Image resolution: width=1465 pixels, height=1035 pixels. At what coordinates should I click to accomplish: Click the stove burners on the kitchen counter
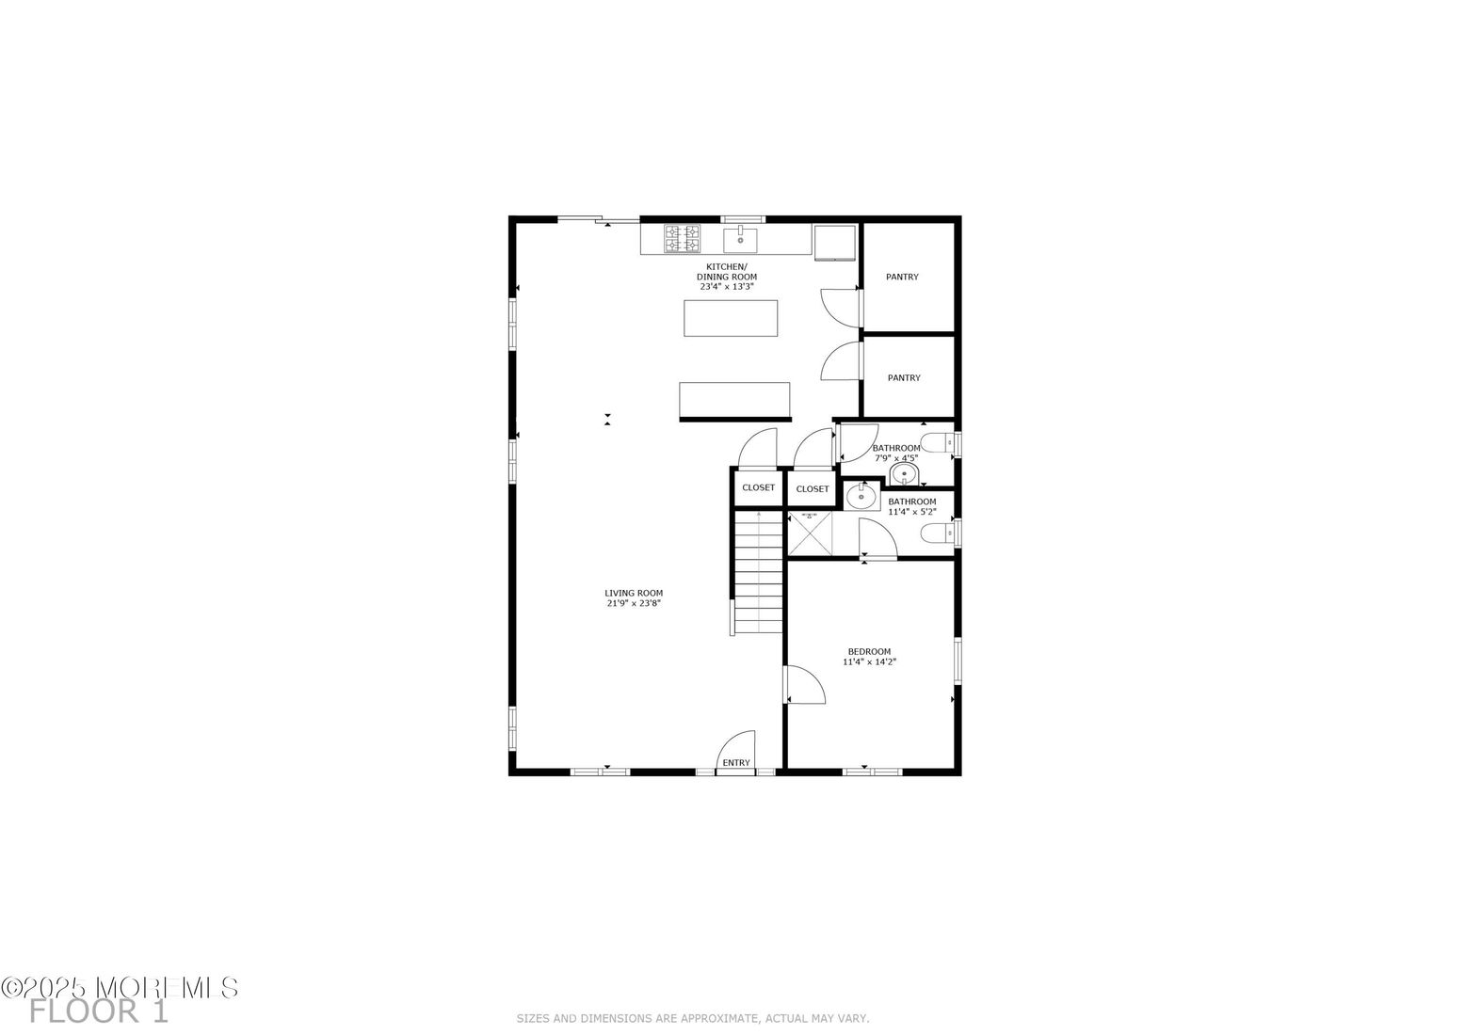click(x=683, y=239)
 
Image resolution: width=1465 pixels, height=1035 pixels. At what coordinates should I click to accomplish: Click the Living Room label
click(x=634, y=593)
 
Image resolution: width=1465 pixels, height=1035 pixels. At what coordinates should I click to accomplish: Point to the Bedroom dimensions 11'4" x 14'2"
click(x=869, y=661)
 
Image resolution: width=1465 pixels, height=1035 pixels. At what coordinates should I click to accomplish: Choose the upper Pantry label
click(x=902, y=277)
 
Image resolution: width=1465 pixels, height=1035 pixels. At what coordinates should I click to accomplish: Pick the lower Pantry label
click(x=904, y=377)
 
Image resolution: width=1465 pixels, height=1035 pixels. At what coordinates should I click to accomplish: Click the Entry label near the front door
click(x=736, y=762)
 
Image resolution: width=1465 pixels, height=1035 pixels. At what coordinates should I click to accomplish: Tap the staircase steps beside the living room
click(x=759, y=572)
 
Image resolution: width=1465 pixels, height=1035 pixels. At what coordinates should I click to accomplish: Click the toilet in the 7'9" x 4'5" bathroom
click(x=935, y=443)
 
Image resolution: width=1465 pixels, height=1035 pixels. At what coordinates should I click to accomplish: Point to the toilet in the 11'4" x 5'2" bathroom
click(x=935, y=534)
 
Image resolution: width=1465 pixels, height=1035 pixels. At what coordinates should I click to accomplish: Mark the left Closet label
click(x=758, y=487)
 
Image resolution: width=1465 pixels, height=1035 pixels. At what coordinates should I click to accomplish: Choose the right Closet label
click(x=813, y=488)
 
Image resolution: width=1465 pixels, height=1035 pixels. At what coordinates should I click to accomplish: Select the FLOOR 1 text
click(x=99, y=1012)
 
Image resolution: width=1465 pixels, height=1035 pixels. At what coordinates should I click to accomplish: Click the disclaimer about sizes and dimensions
click(x=692, y=1018)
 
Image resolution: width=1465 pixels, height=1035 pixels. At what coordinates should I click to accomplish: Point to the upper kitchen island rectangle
click(x=731, y=318)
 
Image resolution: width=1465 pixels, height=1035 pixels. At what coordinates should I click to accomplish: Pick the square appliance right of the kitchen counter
click(x=835, y=242)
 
